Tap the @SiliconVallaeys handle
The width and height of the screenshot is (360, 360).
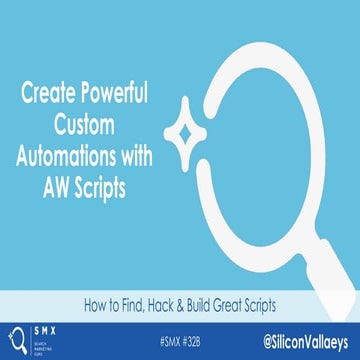[x=296, y=339]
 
